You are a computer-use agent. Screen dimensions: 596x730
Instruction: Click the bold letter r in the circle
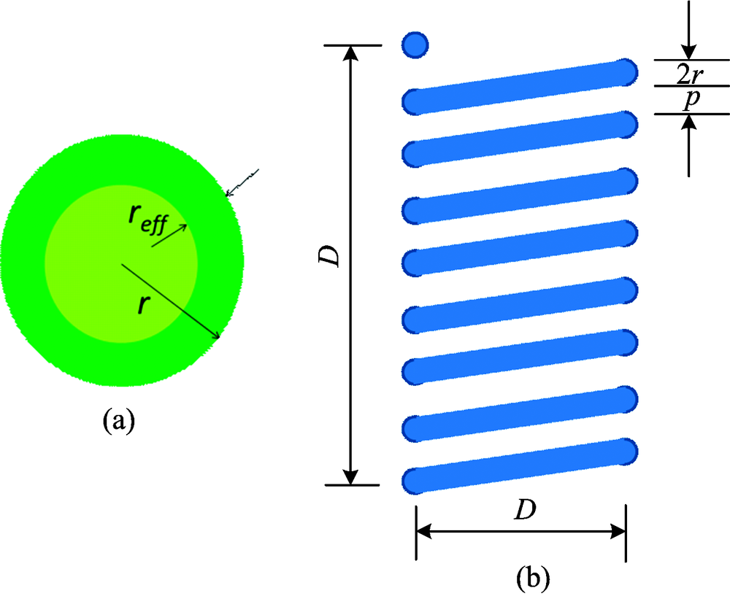(x=145, y=303)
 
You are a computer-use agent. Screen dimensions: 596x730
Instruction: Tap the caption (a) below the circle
(x=118, y=421)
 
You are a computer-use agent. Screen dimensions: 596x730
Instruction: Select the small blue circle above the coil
(x=415, y=45)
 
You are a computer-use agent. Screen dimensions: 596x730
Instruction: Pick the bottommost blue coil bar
(x=521, y=465)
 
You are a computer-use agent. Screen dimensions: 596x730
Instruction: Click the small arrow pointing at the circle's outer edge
(x=241, y=183)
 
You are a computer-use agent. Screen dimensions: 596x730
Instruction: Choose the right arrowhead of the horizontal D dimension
(x=617, y=533)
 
